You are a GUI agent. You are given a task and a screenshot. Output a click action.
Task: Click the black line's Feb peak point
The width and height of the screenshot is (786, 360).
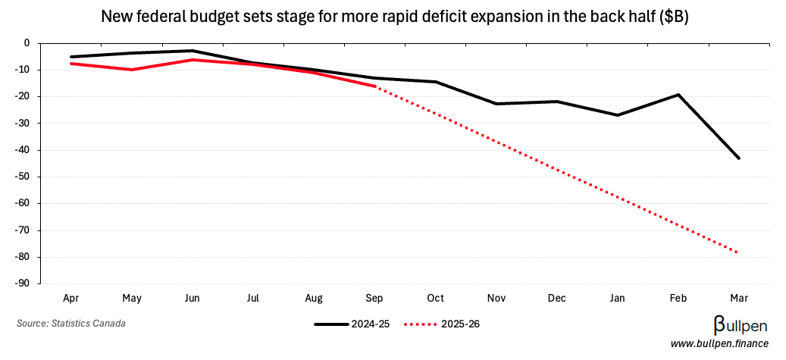(x=678, y=95)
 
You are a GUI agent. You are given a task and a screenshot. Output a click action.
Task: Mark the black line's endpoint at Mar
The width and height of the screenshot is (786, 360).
(x=738, y=158)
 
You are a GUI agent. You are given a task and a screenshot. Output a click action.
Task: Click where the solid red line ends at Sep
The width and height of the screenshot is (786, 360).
(x=374, y=86)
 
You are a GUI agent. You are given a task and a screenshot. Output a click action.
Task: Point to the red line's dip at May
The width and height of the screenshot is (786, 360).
(x=133, y=70)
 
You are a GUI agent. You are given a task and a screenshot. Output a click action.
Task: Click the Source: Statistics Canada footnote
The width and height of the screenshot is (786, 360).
(x=71, y=324)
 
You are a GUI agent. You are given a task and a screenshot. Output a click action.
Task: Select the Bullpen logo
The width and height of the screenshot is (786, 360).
(x=741, y=325)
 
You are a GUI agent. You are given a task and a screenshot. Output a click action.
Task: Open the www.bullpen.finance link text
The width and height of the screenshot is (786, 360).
(x=719, y=344)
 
